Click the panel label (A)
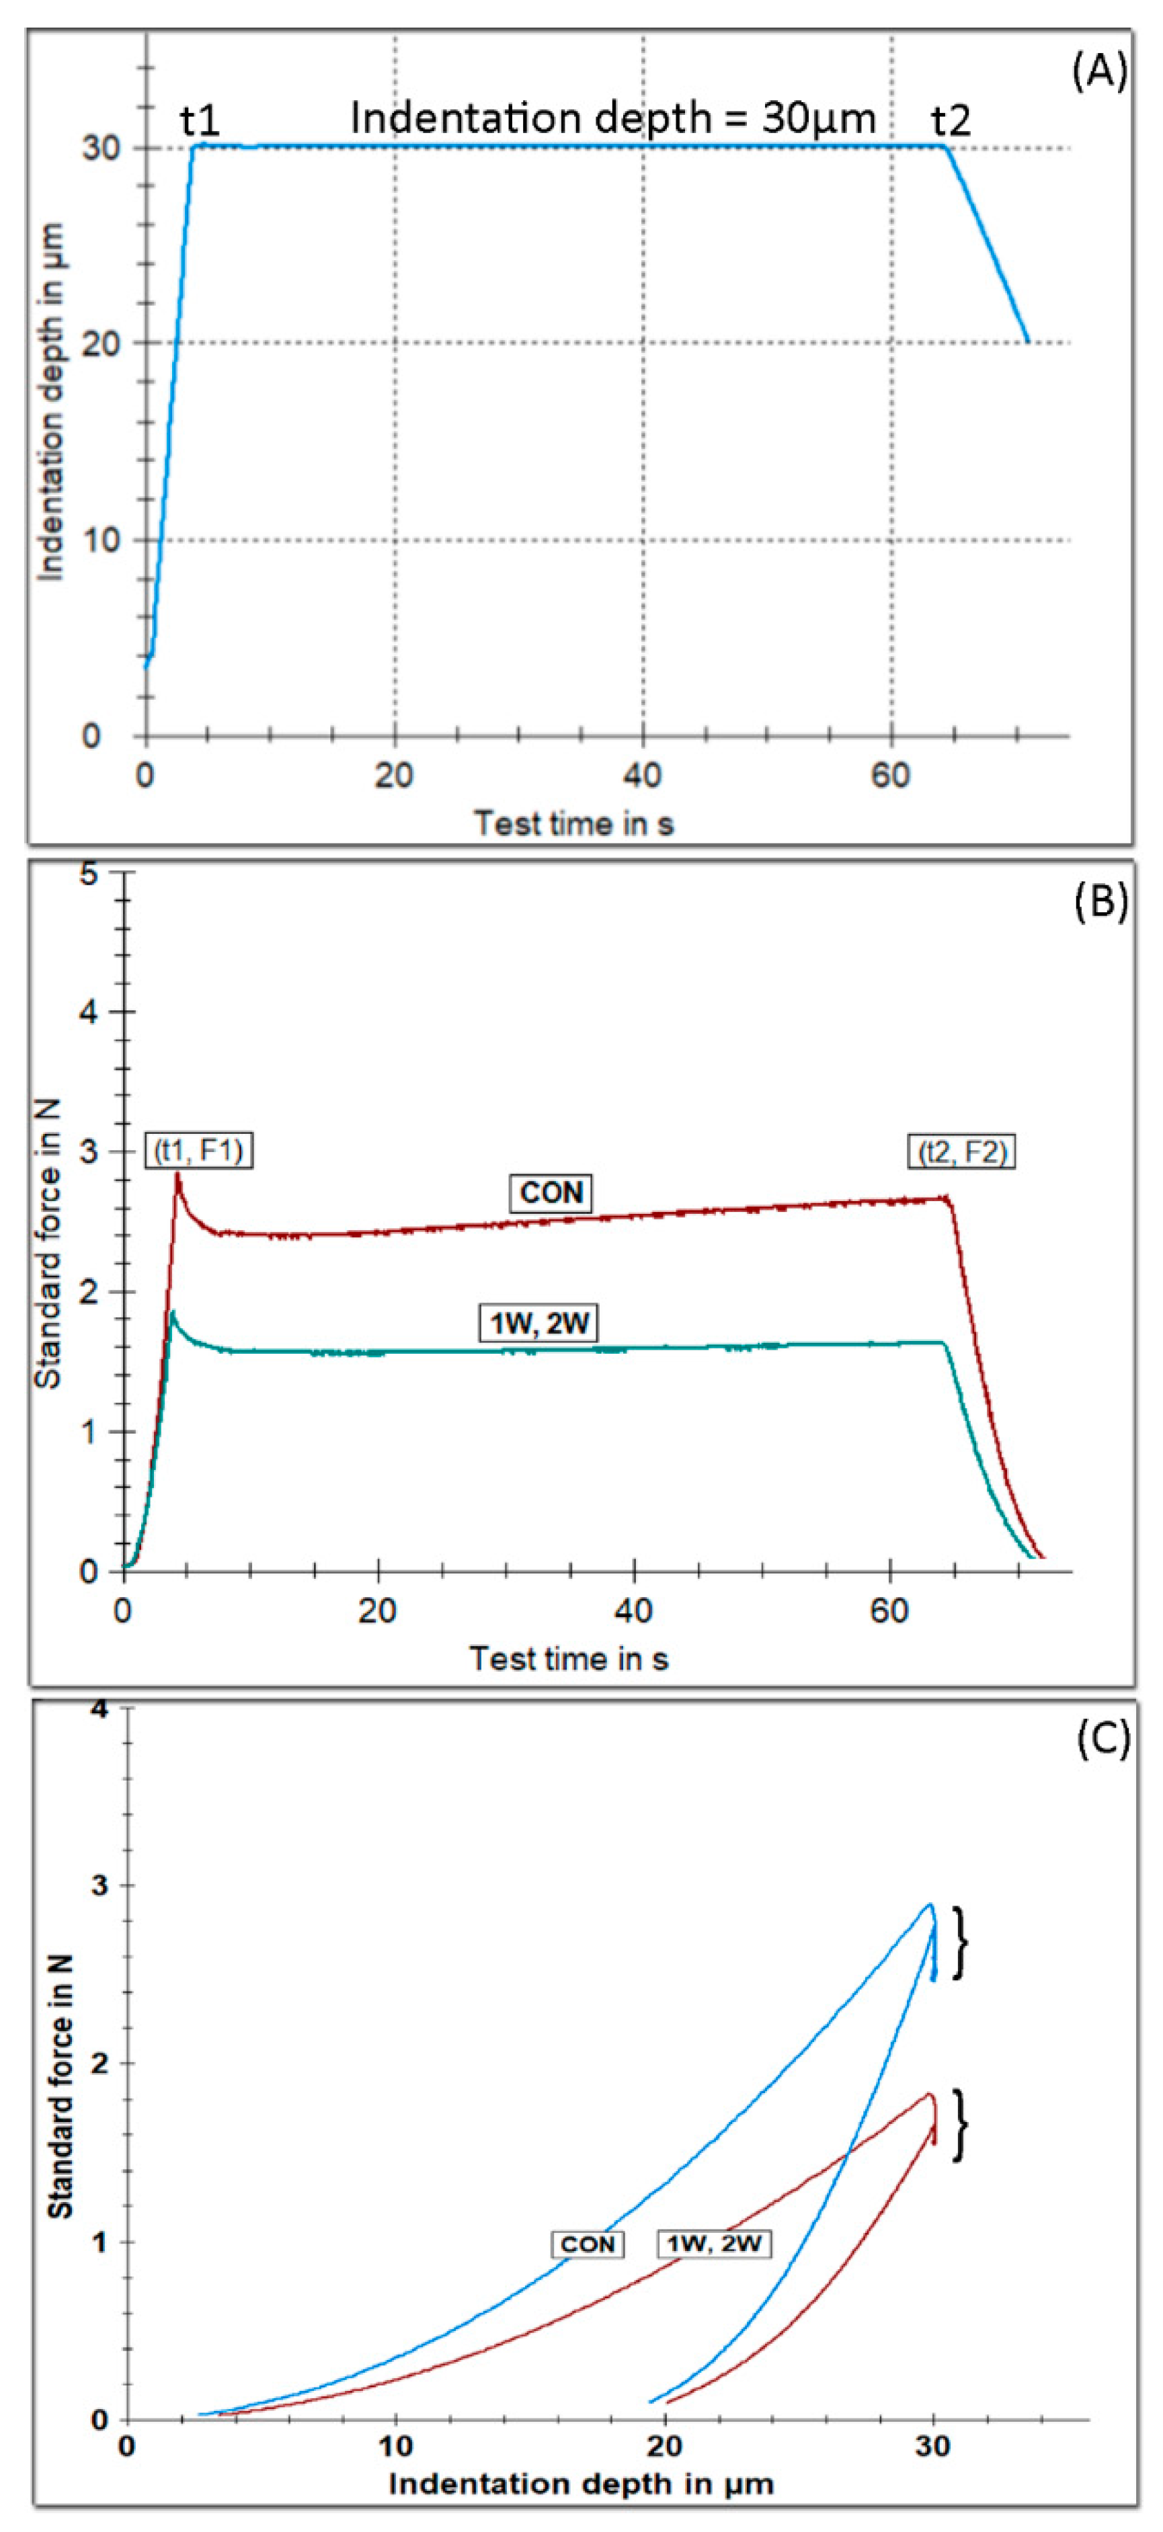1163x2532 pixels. [1099, 72]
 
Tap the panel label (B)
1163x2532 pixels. [1100, 901]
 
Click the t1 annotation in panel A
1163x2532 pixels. [200, 120]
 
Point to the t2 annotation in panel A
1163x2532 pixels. [951, 120]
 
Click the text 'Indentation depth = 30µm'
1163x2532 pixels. [612, 118]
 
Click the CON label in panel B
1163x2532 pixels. [551, 1192]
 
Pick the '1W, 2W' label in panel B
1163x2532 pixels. [540, 1322]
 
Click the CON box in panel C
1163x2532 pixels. [587, 2244]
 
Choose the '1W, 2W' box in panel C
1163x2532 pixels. [714, 2243]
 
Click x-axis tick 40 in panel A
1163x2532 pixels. [642, 776]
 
